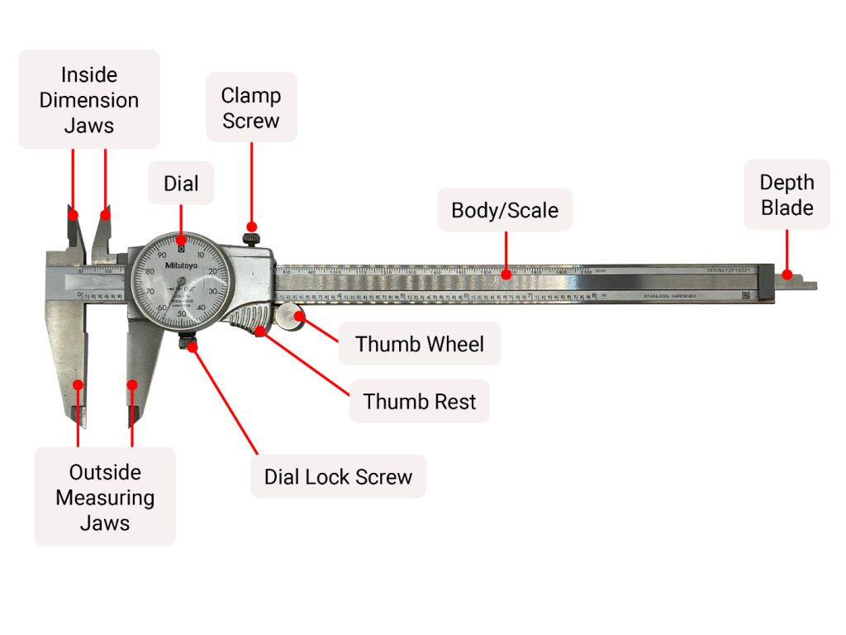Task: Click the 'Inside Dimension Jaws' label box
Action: [88, 99]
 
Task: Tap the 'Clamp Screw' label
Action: [250, 107]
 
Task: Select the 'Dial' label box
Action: [181, 183]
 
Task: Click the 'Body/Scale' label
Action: [504, 210]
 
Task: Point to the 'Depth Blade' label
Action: [787, 194]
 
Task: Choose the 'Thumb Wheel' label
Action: [419, 343]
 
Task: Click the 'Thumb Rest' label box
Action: [419, 402]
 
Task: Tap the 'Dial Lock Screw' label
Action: [338, 476]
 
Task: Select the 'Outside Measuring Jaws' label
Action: [105, 497]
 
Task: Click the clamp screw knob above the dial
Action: [252, 238]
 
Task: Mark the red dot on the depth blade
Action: [787, 275]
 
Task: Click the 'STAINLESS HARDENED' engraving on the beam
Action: [669, 296]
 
